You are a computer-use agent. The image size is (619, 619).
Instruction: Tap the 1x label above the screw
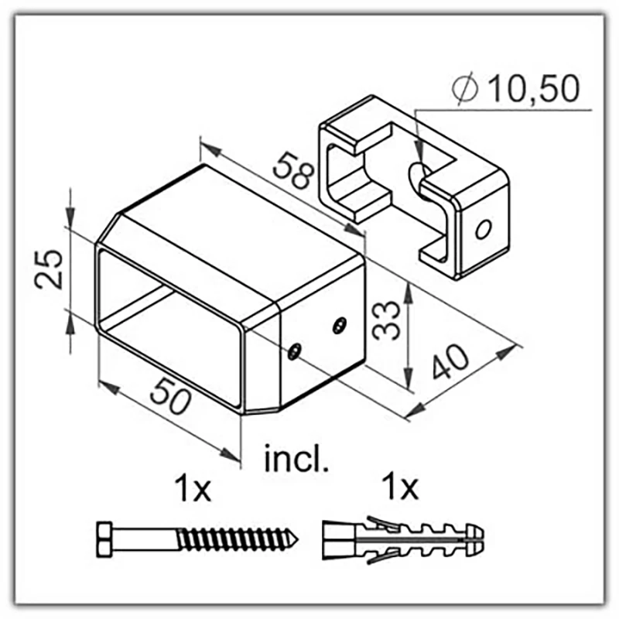click(x=190, y=490)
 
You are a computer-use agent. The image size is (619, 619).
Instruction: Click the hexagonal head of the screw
click(x=108, y=536)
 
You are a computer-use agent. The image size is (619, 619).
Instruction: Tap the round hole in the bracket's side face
click(x=484, y=229)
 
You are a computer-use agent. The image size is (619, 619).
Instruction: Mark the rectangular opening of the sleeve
click(x=172, y=325)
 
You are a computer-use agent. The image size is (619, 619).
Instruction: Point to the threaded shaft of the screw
click(x=232, y=536)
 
